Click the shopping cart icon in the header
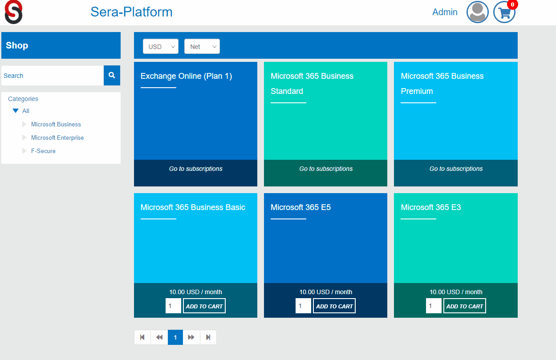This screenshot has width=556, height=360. coord(504,12)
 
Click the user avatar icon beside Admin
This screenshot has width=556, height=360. coord(478,12)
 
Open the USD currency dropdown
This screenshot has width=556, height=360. coord(160,47)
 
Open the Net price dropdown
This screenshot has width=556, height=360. coord(202,47)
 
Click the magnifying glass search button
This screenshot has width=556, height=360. coord(112,76)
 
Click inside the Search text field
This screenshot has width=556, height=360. coord(53,76)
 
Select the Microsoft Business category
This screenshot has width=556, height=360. coord(56,125)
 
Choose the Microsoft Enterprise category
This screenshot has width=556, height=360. coord(57,138)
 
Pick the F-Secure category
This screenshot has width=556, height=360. coord(43,151)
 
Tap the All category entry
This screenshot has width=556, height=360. coord(26,111)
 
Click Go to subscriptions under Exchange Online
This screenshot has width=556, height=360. coord(196,169)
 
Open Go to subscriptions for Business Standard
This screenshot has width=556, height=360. coord(326,169)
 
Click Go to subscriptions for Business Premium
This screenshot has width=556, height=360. coord(456,169)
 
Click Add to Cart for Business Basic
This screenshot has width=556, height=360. coord(204,306)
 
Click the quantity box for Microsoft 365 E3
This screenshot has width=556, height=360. coord(434,306)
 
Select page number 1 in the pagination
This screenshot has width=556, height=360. coord(175,337)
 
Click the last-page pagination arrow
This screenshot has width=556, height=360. coord(208,337)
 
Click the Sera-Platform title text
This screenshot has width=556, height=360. coord(131,12)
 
